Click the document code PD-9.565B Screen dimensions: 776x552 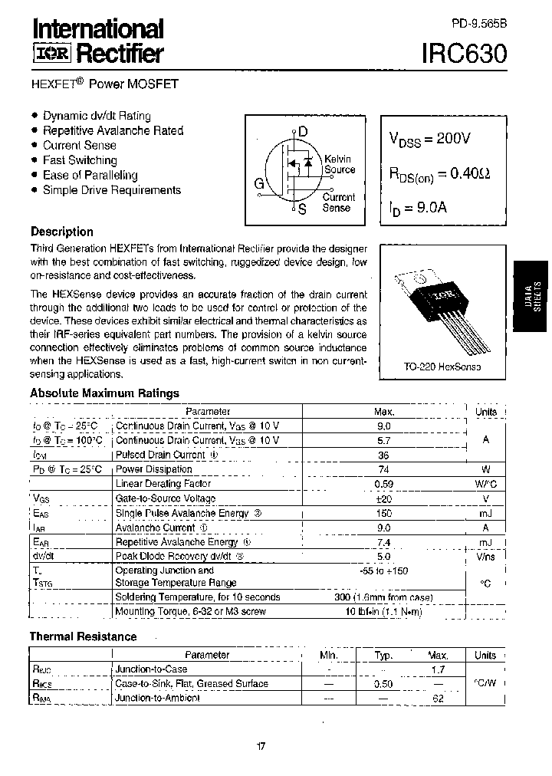tap(474, 23)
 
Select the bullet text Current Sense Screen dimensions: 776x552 tap(80, 145)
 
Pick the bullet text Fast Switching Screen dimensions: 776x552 tap(80, 160)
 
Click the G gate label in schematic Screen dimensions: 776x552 tap(259, 183)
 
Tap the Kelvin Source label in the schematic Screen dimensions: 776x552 tap(339, 164)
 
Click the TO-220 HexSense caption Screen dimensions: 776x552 tap(442, 367)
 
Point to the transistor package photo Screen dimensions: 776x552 tap(443, 303)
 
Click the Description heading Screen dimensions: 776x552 tap(61, 232)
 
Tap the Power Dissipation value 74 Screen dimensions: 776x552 tap(384, 469)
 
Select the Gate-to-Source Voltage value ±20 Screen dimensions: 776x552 tap(384, 498)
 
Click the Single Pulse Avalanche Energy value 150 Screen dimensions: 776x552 tap(384, 513)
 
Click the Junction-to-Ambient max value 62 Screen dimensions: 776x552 tap(439, 699)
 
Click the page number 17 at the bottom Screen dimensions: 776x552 tap(260, 747)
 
